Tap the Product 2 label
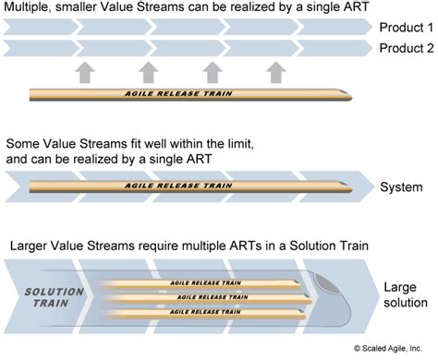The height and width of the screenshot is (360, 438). [x=404, y=47]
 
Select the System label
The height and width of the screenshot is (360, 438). [x=402, y=188]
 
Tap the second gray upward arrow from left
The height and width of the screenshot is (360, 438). [x=147, y=71]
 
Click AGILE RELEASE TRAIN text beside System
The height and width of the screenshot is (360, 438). [x=185, y=186]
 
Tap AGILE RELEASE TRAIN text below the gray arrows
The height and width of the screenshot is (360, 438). [x=185, y=92]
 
